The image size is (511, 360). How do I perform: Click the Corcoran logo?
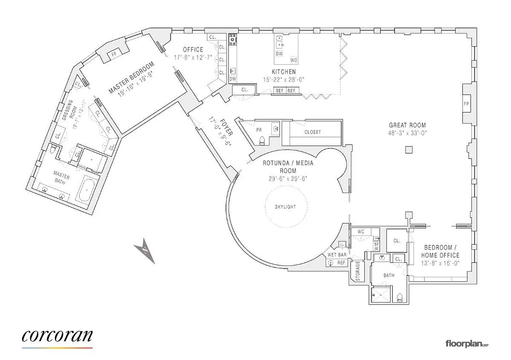(x=57, y=337)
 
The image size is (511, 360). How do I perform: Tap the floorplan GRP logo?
(x=466, y=344)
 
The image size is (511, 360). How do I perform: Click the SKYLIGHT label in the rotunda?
(x=286, y=207)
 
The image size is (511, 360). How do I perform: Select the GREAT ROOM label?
(x=408, y=126)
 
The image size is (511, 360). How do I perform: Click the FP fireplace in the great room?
(x=466, y=103)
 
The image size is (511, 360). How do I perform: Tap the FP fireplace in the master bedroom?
(x=114, y=54)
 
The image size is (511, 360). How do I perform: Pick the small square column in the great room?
(x=408, y=150)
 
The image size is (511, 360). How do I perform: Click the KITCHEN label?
(x=283, y=72)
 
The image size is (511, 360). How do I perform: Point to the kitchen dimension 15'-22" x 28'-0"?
(x=283, y=80)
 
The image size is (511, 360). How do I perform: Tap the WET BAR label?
(x=337, y=255)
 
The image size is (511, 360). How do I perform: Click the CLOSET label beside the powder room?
(x=313, y=132)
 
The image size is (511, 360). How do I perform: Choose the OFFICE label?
(x=193, y=49)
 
